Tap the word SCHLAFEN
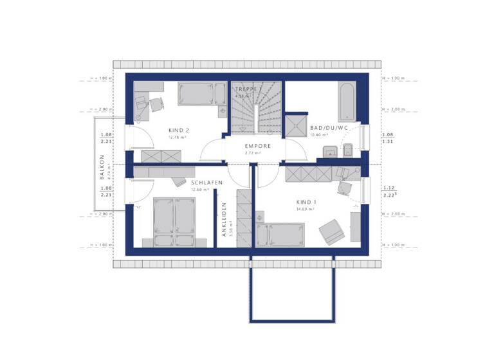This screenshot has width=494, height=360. pyautogui.click(x=206, y=183)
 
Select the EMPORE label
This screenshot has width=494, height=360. pyautogui.click(x=257, y=146)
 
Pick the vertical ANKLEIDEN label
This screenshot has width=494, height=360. pyautogui.click(x=224, y=221)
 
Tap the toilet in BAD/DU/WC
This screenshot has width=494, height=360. pyautogui.click(x=348, y=151)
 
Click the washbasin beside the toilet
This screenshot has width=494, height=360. pyautogui.click(x=329, y=152)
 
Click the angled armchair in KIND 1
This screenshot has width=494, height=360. pyautogui.click(x=331, y=231)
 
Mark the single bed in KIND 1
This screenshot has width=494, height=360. pyautogui.click(x=280, y=235)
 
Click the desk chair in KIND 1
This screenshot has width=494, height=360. pyautogui.click(x=344, y=185)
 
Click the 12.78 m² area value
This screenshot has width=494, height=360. pyautogui.click(x=177, y=137)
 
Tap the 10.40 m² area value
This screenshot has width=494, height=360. pyautogui.click(x=319, y=136)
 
